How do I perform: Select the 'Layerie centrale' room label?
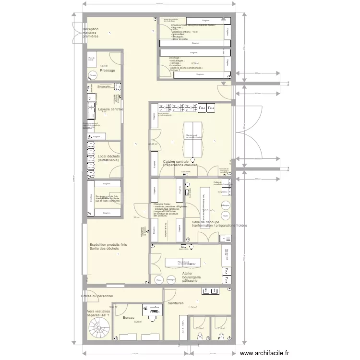point(111,109)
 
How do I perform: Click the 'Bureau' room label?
point(129,318)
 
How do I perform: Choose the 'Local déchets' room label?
point(108,158)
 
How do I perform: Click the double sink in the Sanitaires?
point(211,290)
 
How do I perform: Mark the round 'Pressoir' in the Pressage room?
point(93,75)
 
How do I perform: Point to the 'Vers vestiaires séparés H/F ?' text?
point(98,313)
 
